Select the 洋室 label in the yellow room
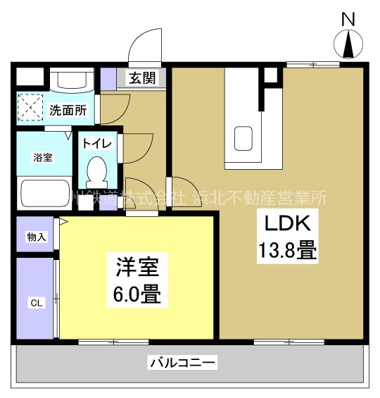tap(137, 268)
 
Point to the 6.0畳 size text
tap(137, 293)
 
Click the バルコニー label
tap(182, 363)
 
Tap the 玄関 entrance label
tap(146, 77)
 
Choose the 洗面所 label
tap(68, 110)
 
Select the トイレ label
tap(96, 143)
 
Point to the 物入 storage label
tap(36, 237)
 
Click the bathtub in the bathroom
tap(44, 191)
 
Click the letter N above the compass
tap(348, 20)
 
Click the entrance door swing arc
tap(146, 46)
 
